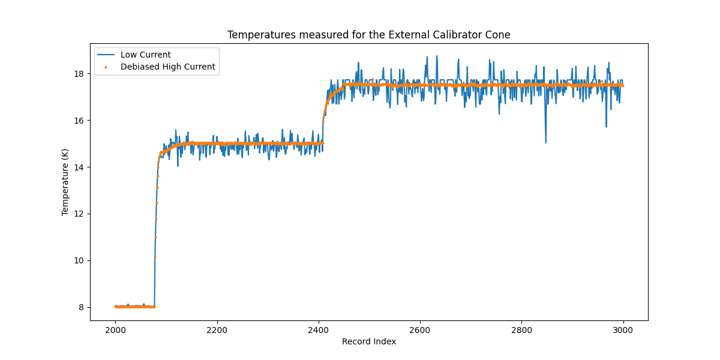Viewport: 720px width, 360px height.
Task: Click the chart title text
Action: click(x=368, y=35)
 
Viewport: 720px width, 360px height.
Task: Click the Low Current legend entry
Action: click(x=145, y=55)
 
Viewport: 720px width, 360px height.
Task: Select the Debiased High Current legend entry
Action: click(x=167, y=67)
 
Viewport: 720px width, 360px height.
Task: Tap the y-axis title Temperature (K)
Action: click(x=65, y=182)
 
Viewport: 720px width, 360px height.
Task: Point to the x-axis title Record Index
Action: click(x=368, y=341)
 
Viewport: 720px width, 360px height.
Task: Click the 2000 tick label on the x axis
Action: click(x=116, y=329)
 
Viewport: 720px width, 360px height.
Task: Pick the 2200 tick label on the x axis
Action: click(x=217, y=329)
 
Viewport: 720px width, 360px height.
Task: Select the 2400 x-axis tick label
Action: click(x=319, y=329)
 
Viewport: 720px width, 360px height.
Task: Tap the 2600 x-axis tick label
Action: click(x=420, y=329)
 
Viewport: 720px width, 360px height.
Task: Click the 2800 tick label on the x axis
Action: click(x=521, y=329)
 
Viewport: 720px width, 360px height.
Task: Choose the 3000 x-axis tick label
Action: click(x=623, y=329)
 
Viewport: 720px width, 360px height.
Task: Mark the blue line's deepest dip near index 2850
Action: click(x=545, y=142)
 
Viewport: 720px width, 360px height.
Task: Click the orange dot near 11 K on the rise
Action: click(x=155, y=237)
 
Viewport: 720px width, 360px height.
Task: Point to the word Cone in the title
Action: click(x=500, y=35)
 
